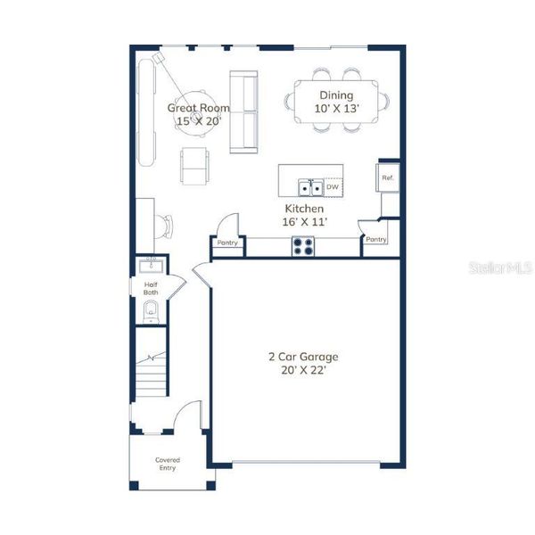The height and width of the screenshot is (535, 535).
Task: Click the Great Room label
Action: tap(198, 114)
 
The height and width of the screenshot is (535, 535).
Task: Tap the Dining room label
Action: tap(334, 102)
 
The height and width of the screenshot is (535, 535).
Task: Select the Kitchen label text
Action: tap(304, 214)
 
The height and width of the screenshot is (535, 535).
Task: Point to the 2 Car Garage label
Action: tap(303, 363)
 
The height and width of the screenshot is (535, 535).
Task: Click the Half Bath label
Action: tap(151, 289)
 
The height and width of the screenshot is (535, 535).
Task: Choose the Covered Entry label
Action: tap(168, 464)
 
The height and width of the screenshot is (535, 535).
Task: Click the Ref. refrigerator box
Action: tap(388, 178)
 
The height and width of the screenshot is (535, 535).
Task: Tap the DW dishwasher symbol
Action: tap(332, 187)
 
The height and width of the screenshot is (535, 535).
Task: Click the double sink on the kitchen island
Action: tap(310, 187)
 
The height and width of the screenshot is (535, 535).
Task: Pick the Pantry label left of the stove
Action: tap(227, 243)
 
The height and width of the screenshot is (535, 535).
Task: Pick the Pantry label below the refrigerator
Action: tap(376, 239)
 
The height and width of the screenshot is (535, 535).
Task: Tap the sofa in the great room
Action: tap(243, 111)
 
